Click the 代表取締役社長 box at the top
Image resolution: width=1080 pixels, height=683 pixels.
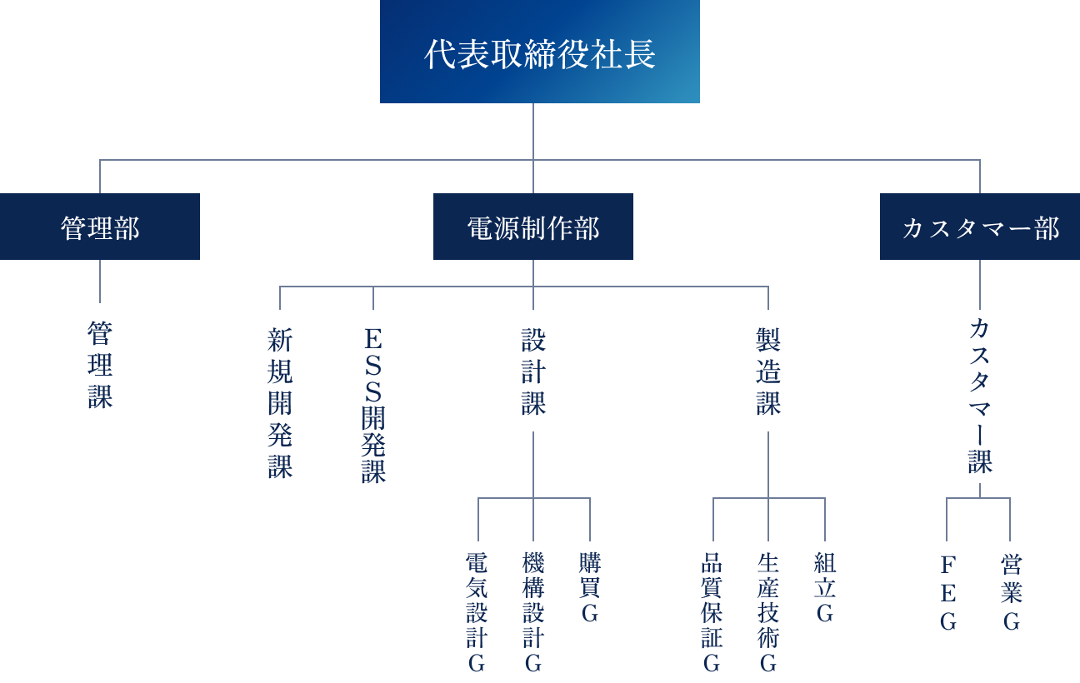pyautogui.click(x=539, y=52)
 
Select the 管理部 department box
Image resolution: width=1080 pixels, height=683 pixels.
pyautogui.click(x=100, y=227)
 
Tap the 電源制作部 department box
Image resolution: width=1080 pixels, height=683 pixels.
pyautogui.click(x=533, y=227)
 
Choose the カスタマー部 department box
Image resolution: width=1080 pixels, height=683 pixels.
pyautogui.click(x=980, y=227)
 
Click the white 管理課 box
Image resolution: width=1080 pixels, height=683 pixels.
pyautogui.click(x=100, y=364)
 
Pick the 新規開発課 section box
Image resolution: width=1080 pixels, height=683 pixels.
pyautogui.click(x=280, y=402)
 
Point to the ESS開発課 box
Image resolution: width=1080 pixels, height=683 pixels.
pyautogui.click(x=373, y=403)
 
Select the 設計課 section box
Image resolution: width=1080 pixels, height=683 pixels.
pyautogui.click(x=533, y=371)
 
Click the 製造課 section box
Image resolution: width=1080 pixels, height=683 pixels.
pyautogui.click(x=768, y=371)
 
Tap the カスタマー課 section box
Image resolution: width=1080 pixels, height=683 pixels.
pyautogui.click(x=980, y=396)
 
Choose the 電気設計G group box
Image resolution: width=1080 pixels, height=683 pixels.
pyautogui.click(x=477, y=612)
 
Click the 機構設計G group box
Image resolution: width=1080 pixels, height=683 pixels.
pyautogui.click(x=533, y=612)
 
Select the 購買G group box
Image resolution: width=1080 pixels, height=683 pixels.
pyautogui.click(x=590, y=587)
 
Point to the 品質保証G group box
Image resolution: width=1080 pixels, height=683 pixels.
pyautogui.click(x=712, y=612)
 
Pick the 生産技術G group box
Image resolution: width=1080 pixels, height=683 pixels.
pyautogui.click(x=768, y=612)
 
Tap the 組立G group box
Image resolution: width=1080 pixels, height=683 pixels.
pyautogui.click(x=825, y=587)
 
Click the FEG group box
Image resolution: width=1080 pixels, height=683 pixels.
pyautogui.click(x=948, y=592)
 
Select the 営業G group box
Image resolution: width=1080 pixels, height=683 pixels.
pyautogui.click(x=1012, y=592)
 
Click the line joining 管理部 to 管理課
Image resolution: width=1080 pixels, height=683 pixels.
pyautogui.click(x=100, y=282)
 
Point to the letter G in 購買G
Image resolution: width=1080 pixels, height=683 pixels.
pyautogui.click(x=590, y=615)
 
